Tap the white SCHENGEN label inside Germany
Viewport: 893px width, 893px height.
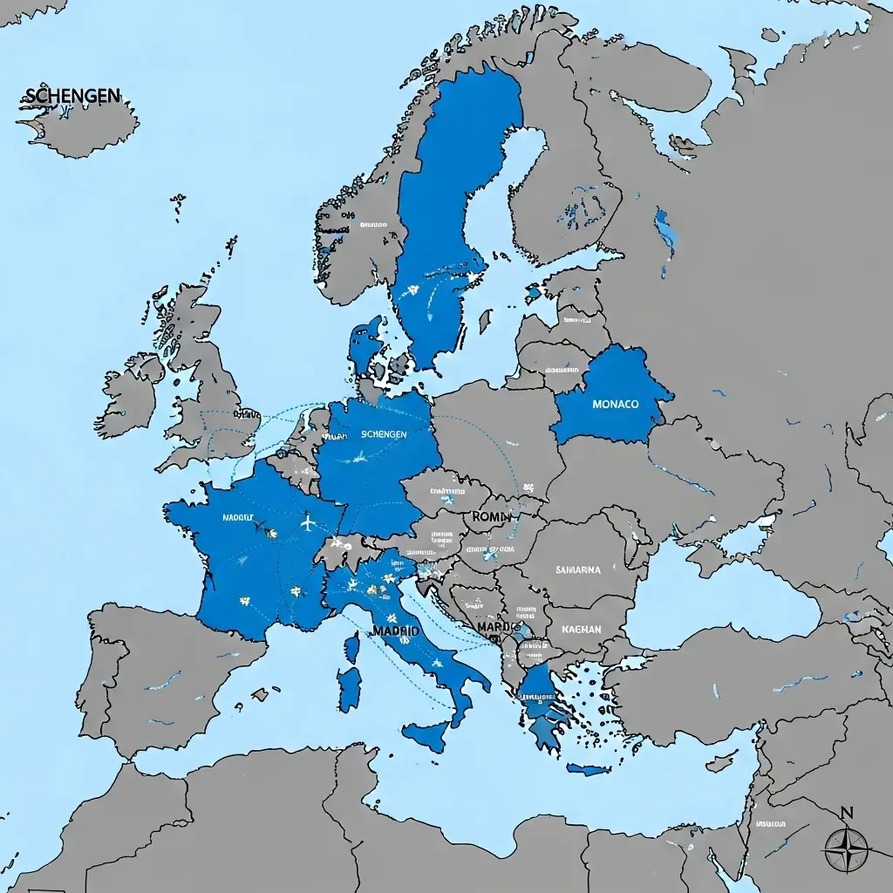(383, 433)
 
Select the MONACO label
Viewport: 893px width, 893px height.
(615, 405)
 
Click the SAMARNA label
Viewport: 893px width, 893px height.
(578, 569)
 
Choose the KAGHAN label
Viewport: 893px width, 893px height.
(582, 628)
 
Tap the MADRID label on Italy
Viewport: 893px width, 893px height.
(395, 630)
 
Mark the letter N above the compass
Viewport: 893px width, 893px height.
(846, 814)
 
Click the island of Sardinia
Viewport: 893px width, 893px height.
(350, 688)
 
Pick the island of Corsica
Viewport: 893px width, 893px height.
(352, 647)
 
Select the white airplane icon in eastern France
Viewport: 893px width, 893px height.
(307, 523)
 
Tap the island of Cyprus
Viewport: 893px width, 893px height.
(722, 761)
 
